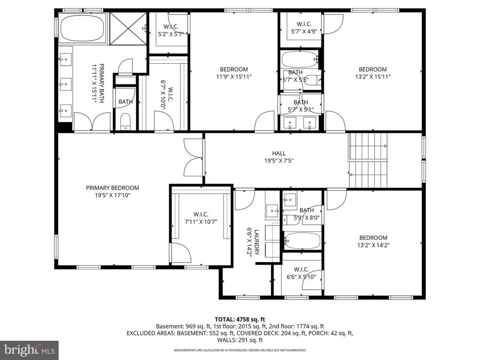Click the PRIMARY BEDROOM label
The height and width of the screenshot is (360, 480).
coord(112,187)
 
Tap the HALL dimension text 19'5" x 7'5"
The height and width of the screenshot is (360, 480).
coord(278,161)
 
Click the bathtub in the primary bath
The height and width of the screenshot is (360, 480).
coord(83,29)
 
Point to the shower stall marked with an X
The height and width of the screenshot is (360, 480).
coord(128,29)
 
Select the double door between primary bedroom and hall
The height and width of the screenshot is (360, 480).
coord(194,158)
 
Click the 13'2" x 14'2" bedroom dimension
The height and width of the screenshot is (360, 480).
coord(374,245)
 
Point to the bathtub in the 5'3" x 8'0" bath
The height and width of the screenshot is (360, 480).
coord(303,241)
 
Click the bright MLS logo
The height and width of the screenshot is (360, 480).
coord(29,350)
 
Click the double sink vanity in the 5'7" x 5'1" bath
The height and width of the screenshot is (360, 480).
coord(300,123)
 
